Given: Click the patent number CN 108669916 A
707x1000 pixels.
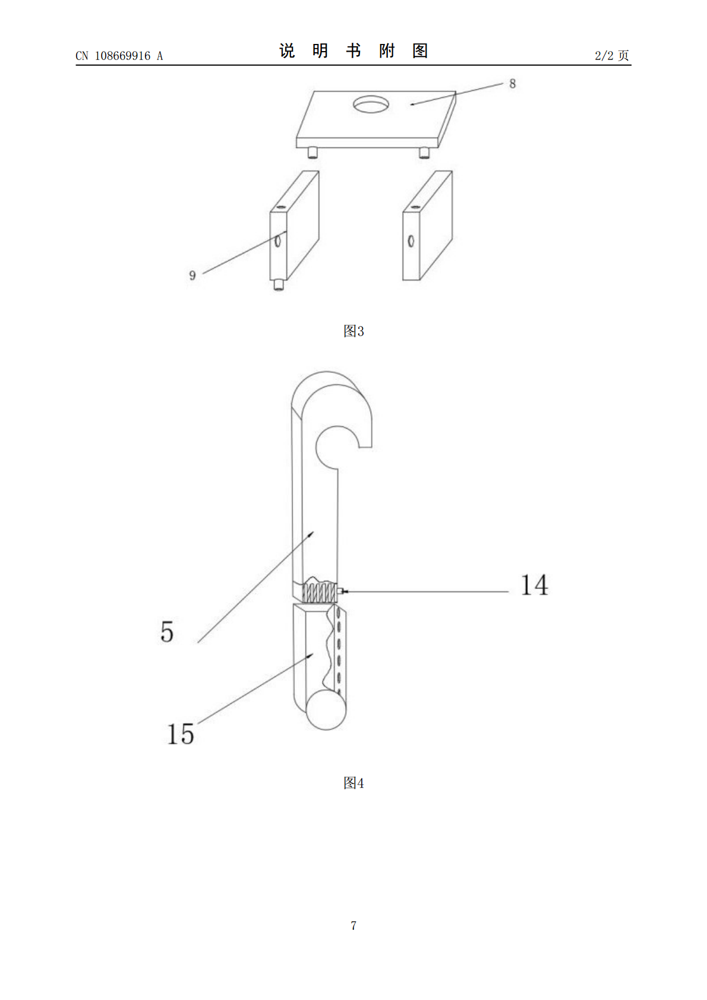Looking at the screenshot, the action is coord(119,56).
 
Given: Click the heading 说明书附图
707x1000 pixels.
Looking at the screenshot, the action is coord(353,51).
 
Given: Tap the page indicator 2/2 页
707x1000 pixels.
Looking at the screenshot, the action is coord(611,55).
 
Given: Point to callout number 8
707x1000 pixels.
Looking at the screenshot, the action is coord(512,84).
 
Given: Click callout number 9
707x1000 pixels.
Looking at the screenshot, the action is coord(192,276).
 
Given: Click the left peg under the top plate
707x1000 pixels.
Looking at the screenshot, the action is coord(313,152).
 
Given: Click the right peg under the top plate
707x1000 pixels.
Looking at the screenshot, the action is coord(424,153).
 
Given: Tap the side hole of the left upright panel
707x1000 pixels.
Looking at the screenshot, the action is coord(278,241).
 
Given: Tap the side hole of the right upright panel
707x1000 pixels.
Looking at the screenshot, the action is coord(411,241).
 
